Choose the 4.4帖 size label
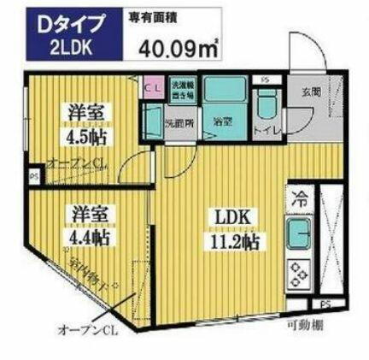pyautogui.click(x=89, y=234)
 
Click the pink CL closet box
pyautogui.click(x=154, y=86)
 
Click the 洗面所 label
pyautogui.click(x=178, y=121)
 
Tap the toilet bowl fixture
pyautogui.click(x=266, y=106)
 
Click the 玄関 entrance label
pyautogui.click(x=312, y=92)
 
